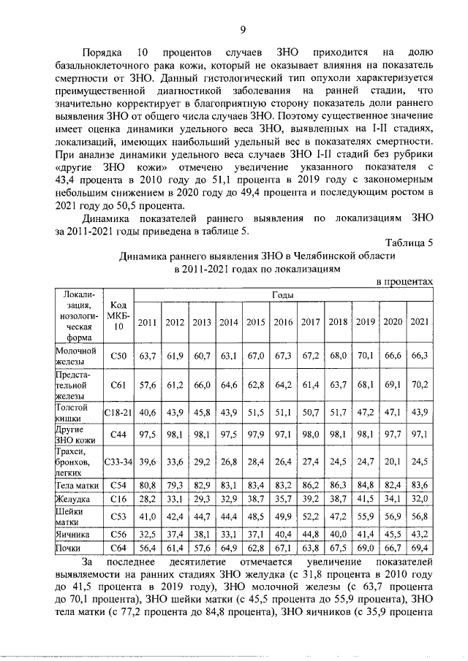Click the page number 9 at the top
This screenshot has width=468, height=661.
(242, 29)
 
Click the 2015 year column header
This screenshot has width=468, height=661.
(256, 323)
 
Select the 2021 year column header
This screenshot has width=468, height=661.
(419, 323)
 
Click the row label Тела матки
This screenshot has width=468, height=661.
(76, 484)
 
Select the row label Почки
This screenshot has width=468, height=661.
(71, 546)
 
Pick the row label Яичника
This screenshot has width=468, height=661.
(75, 535)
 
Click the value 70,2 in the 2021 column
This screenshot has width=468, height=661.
(419, 384)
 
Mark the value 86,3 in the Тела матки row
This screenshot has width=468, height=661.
(337, 484)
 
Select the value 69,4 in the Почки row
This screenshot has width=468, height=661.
(419, 546)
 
